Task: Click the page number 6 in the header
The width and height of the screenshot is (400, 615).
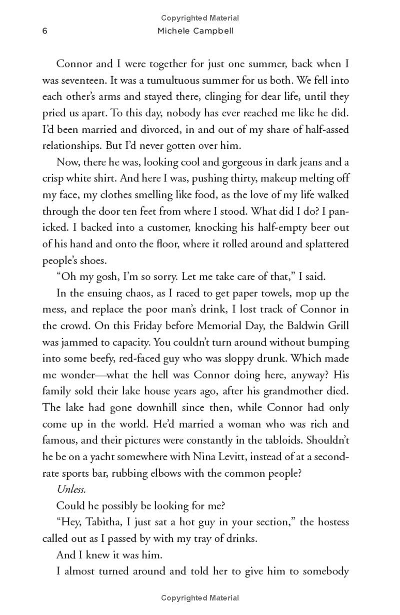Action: pos(45,31)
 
